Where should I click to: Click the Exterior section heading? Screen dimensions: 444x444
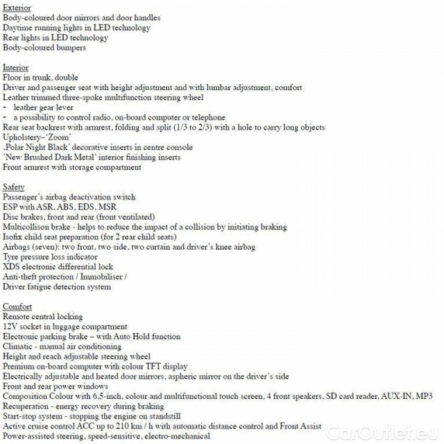[17, 8]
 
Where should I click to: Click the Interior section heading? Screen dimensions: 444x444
[15, 68]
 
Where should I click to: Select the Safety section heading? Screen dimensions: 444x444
[14, 187]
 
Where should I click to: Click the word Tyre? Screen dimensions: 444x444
[11, 257]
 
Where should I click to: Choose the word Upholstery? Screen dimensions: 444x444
[23, 137]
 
